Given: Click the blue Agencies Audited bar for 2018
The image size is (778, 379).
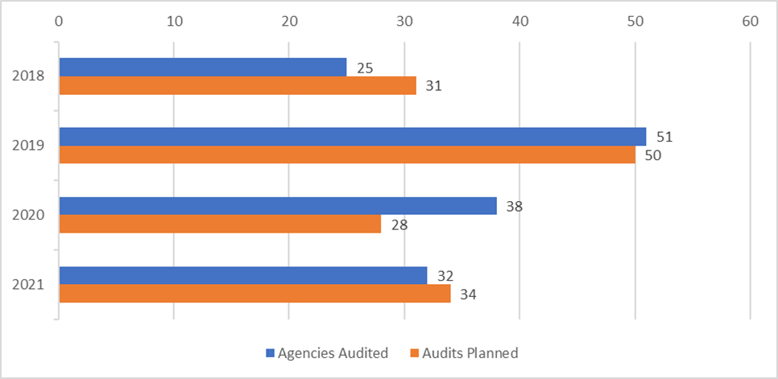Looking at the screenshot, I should tap(202, 68).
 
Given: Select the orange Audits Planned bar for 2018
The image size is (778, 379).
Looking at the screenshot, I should tap(238, 85).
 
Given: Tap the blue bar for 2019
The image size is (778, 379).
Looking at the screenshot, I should tap(352, 137).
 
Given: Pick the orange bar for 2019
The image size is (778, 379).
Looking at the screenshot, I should tap(346, 154).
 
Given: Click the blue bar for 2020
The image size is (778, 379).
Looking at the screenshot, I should tap(277, 206).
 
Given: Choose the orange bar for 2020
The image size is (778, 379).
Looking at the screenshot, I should tap(220, 224).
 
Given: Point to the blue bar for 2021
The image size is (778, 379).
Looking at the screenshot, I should tap(242, 275).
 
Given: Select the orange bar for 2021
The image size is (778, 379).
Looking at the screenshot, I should tap(255, 294).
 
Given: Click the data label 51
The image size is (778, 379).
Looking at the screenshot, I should tap(664, 137).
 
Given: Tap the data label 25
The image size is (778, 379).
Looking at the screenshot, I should tap(364, 68).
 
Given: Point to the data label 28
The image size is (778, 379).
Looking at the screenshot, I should tap(399, 225).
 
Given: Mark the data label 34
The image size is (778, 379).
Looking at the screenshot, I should tap(468, 295).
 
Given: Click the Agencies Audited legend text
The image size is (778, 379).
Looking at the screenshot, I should tap(333, 352).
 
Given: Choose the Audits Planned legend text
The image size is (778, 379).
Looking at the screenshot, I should tap(470, 352).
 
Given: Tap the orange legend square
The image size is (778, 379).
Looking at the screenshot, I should tap(416, 352).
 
